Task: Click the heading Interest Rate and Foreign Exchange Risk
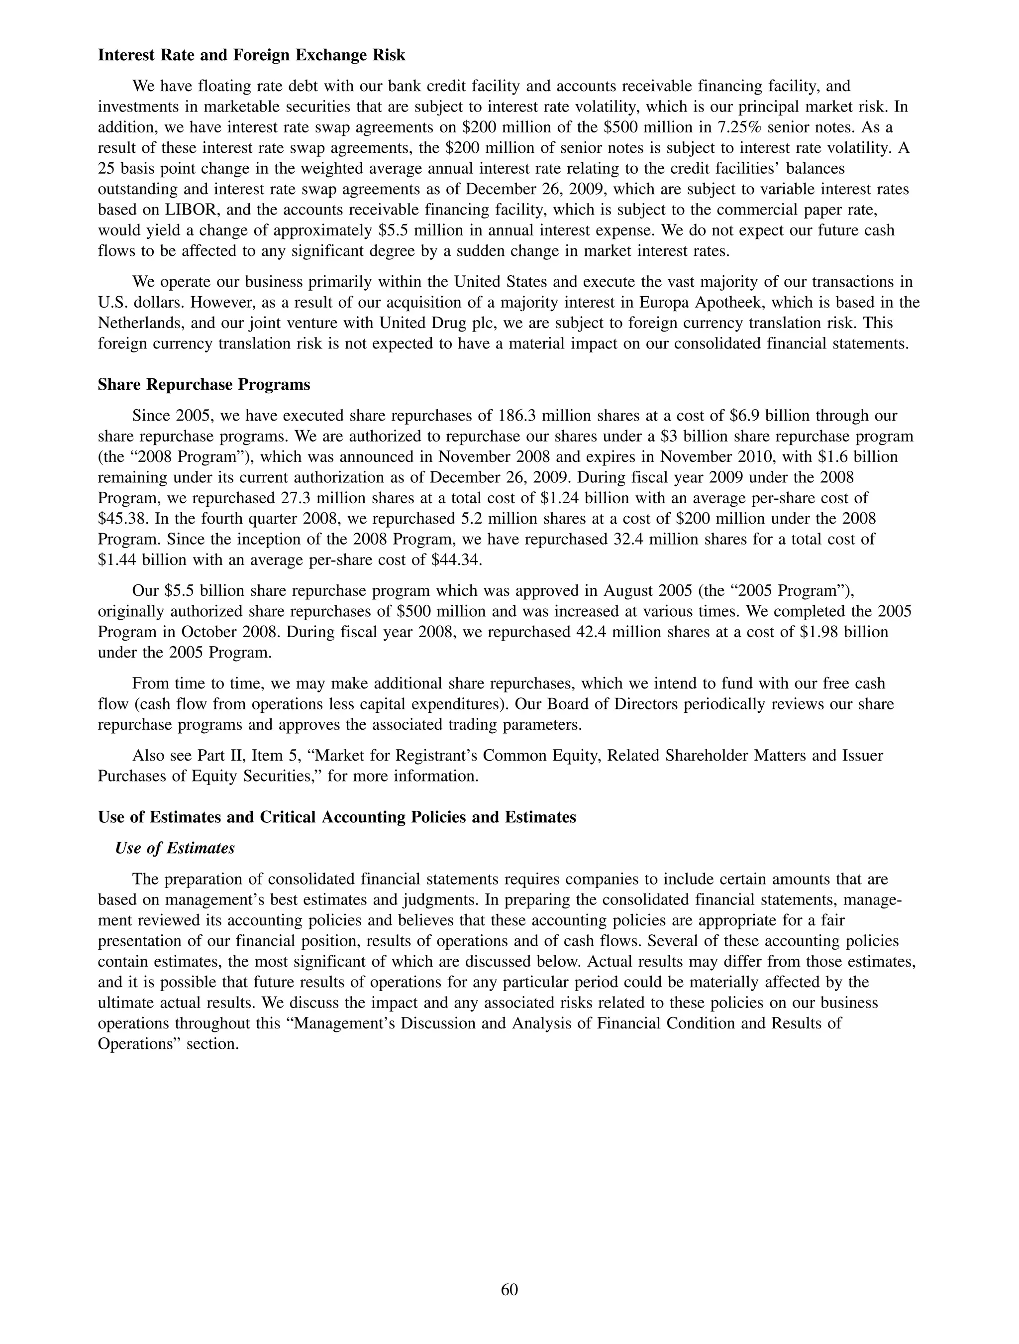251,55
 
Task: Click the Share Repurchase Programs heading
204,385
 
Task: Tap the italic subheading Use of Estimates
175,848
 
